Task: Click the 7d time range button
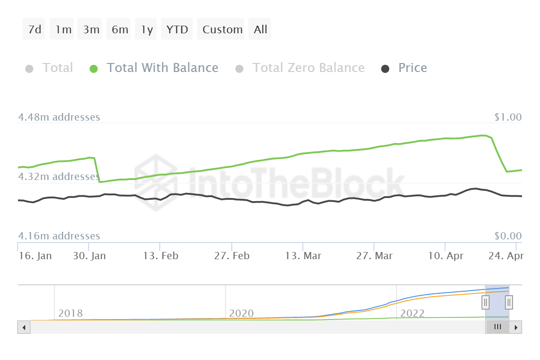[x=34, y=30]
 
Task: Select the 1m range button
[x=63, y=30]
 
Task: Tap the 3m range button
[x=91, y=30]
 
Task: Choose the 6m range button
[x=120, y=30]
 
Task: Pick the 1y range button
[x=147, y=30]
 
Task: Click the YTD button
[x=177, y=30]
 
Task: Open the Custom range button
[x=222, y=30]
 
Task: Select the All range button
[x=260, y=30]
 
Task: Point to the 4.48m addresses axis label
[x=59, y=117]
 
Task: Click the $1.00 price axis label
[x=508, y=117]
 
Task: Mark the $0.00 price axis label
[x=508, y=236]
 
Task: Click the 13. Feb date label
[x=161, y=256]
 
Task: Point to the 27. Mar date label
[x=374, y=256]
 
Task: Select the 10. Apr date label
[x=445, y=256]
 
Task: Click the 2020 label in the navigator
[x=241, y=313]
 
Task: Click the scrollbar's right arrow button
[x=516, y=327]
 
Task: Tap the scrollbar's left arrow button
[x=23, y=327]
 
